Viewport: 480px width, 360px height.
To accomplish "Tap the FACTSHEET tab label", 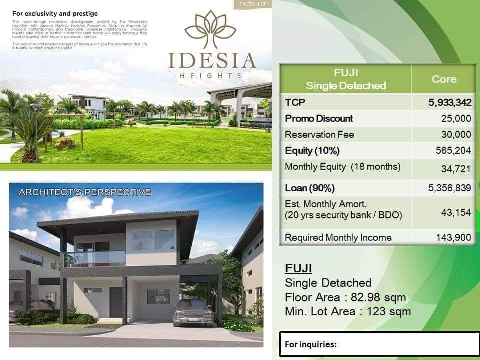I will (x=252, y=4).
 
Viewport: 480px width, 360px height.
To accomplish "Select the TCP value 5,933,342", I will (x=449, y=102).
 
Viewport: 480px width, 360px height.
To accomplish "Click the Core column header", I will (x=444, y=79).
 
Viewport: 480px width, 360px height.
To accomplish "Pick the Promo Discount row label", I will (x=318, y=118).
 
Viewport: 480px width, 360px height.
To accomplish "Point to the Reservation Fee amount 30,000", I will (x=456, y=134).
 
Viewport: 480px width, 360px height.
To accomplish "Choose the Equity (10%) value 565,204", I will (x=453, y=150).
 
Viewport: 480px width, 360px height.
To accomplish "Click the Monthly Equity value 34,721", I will (x=456, y=169).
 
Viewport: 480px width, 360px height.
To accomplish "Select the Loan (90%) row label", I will (x=309, y=188).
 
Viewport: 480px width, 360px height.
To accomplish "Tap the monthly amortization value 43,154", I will (x=456, y=212).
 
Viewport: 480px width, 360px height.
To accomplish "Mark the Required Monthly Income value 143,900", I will (x=453, y=237).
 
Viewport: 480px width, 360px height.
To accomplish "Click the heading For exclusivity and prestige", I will (x=55, y=14).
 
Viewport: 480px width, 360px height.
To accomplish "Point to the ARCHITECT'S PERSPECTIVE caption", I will (x=84, y=192).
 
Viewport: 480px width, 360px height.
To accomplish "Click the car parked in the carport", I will (x=194, y=312).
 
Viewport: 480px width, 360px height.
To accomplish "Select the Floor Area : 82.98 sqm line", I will (x=345, y=298).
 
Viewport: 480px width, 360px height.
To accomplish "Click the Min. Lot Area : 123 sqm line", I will (x=348, y=312).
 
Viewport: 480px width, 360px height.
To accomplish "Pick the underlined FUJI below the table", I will (x=298, y=268).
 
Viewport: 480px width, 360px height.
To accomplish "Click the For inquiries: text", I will (x=311, y=344).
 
